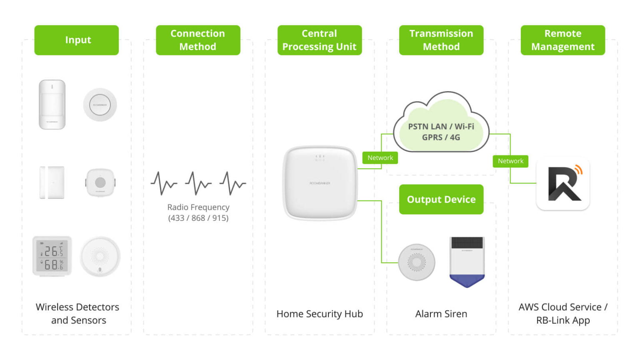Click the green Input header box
click(x=77, y=40)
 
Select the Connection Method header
click(x=198, y=40)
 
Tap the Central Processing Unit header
click(x=320, y=40)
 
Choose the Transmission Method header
click(x=441, y=40)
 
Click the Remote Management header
click(x=562, y=40)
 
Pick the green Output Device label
click(x=441, y=200)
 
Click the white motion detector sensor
click(x=52, y=105)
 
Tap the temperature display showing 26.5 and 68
click(x=52, y=256)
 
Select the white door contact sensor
click(x=52, y=182)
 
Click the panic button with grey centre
click(x=100, y=182)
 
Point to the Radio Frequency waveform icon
click(x=198, y=183)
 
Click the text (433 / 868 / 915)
click(x=198, y=218)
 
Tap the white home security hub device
click(x=320, y=182)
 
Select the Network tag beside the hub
click(x=380, y=158)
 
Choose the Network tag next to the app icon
click(x=510, y=161)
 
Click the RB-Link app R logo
click(x=563, y=184)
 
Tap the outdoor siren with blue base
click(x=467, y=262)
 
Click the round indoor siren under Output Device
click(x=417, y=262)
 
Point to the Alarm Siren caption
click(x=441, y=314)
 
